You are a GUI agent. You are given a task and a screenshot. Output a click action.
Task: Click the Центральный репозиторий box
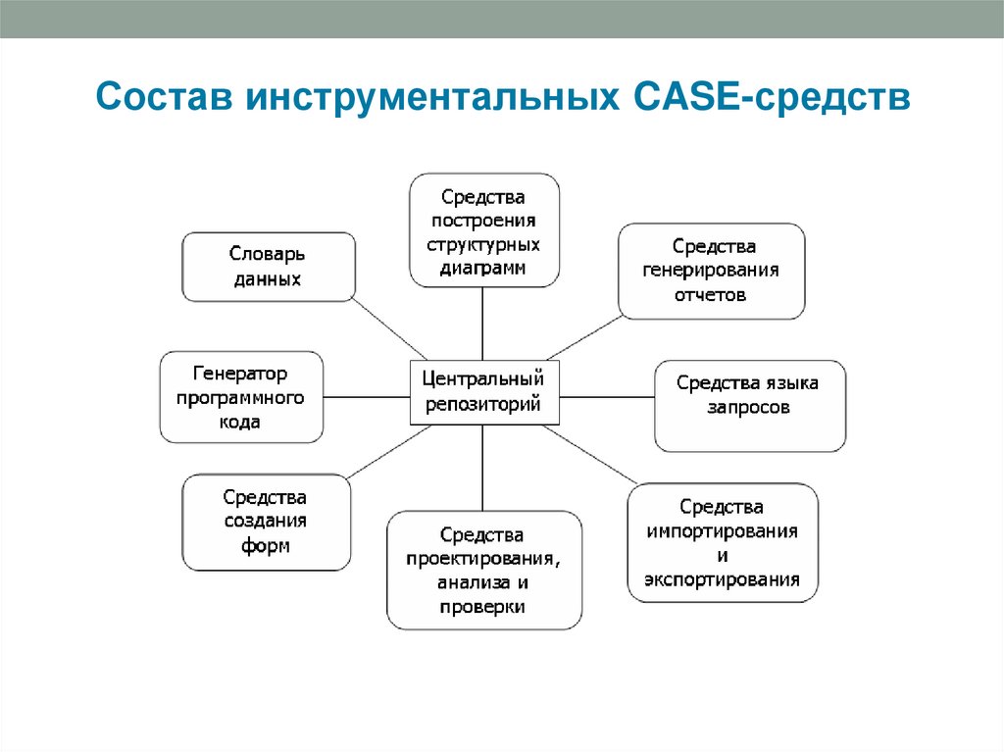(482, 391)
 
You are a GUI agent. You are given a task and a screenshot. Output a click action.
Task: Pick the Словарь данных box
(268, 267)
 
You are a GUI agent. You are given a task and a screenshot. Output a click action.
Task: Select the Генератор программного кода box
(240, 397)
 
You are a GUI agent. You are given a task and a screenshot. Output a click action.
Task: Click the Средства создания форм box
(266, 522)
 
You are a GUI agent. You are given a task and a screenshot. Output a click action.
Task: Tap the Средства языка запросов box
(749, 406)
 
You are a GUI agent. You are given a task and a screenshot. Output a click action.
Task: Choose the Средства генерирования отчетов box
(711, 271)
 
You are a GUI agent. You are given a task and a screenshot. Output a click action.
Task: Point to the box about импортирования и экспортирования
(722, 542)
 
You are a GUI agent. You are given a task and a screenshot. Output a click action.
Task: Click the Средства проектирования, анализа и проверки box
(483, 571)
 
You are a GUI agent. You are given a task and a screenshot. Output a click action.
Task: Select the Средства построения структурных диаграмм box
(483, 230)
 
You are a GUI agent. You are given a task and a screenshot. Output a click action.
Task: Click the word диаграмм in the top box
(483, 267)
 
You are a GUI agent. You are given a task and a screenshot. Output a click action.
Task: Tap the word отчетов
(711, 294)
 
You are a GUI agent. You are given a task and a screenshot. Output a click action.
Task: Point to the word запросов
(748, 407)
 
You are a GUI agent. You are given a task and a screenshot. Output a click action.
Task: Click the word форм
(266, 546)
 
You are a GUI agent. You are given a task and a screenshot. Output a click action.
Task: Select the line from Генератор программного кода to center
(366, 396)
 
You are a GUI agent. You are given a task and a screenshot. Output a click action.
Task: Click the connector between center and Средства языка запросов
(605, 396)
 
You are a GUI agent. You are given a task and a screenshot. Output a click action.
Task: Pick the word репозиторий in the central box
(482, 402)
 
